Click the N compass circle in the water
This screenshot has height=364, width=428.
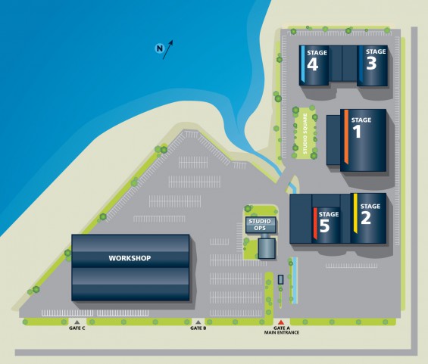click(x=159, y=48)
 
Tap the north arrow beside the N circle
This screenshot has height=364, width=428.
click(x=167, y=50)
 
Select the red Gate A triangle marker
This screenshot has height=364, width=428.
click(x=281, y=322)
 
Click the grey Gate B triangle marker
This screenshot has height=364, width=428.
click(x=198, y=322)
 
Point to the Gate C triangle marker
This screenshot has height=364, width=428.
click(x=77, y=322)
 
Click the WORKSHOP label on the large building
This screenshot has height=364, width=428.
click(x=130, y=258)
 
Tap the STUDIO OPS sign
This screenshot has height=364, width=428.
click(x=260, y=225)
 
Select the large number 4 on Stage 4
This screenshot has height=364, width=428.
click(x=313, y=64)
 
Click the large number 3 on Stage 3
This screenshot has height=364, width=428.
click(x=371, y=64)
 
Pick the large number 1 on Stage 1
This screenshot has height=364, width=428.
click(x=358, y=132)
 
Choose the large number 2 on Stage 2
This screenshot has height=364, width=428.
click(x=366, y=218)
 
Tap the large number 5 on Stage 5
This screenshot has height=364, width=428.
click(x=324, y=226)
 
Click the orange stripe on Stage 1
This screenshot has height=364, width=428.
click(x=346, y=137)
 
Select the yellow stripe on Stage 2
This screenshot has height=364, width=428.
click(x=355, y=213)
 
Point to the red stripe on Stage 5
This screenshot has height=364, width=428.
click(x=315, y=223)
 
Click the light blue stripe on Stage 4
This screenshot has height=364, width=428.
click(x=303, y=64)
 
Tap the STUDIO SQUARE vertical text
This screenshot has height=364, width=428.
click(x=305, y=134)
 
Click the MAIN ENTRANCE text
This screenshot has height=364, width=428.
click(x=282, y=333)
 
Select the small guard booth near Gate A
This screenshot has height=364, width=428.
click(x=280, y=279)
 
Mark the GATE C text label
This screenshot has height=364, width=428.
click(x=77, y=328)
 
